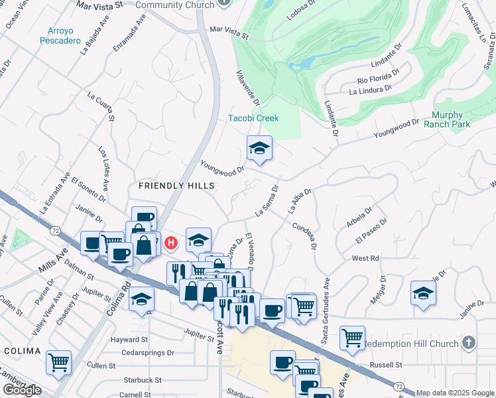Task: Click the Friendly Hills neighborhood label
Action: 168,185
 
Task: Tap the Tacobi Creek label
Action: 253,118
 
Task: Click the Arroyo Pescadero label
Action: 64,36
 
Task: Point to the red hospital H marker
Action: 171,243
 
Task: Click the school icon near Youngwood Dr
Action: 259,149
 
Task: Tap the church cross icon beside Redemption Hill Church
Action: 469,343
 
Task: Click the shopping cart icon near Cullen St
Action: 58,362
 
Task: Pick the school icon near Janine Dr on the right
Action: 423,293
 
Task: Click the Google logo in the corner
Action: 22,390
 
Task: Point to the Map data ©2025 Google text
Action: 455,393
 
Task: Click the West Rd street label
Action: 365,258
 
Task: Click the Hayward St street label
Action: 129,339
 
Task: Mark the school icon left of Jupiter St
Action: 141,300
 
